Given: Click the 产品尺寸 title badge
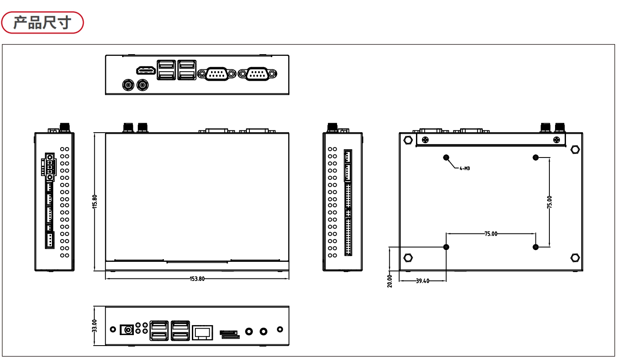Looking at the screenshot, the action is (x=42, y=23).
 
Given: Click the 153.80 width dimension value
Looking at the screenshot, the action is (x=197, y=279).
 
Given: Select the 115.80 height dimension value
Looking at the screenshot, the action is (x=95, y=202).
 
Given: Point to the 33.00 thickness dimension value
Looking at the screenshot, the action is (x=95, y=326).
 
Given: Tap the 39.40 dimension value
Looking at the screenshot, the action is (x=423, y=281).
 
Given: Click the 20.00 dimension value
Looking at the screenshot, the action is (x=390, y=281).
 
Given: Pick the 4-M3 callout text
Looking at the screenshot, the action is (x=465, y=168).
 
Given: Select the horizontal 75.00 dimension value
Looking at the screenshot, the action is (x=491, y=234).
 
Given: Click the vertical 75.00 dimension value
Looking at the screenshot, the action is (x=549, y=202).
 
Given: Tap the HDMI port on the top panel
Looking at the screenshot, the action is (x=146, y=71).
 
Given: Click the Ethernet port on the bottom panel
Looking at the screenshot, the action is (x=202, y=333).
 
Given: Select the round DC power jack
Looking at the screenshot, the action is (x=127, y=330).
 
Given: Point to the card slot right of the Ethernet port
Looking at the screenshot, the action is (x=230, y=334).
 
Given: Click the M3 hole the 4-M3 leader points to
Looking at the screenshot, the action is (x=446, y=158).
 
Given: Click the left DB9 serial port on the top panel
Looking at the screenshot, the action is (x=217, y=74).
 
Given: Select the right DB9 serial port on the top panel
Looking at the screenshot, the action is (x=257, y=74).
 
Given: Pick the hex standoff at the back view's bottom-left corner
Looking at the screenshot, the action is (x=408, y=258).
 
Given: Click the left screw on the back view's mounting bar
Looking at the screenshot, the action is (x=425, y=140).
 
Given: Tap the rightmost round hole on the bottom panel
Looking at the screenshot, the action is (x=280, y=329).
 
